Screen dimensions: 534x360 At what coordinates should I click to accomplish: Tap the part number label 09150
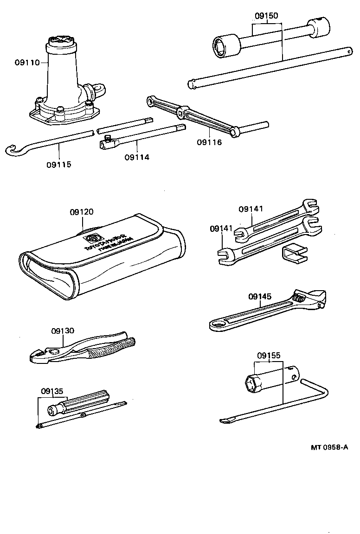pos(266,16)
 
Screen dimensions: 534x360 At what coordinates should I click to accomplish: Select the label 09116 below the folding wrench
pos(209,142)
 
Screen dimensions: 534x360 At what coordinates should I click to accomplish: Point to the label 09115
pos(59,164)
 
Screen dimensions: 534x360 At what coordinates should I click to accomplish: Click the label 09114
pos(137,157)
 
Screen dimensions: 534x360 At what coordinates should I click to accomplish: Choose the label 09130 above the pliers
pos(62,331)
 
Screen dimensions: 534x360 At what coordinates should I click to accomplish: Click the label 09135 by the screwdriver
pos(51,390)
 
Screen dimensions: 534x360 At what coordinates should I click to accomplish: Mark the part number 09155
pos(269,356)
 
